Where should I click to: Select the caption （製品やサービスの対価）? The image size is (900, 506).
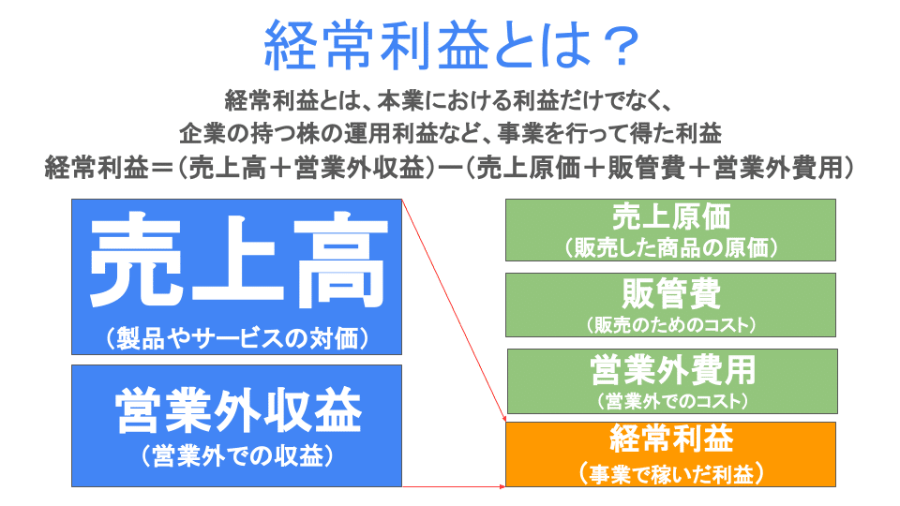[237, 338]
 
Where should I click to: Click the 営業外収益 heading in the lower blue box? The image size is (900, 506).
[238, 410]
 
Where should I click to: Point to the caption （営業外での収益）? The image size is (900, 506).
[237, 456]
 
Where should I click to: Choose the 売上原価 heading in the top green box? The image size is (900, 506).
[670, 216]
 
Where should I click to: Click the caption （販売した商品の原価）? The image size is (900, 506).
[670, 247]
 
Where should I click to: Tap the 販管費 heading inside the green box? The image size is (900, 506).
[670, 293]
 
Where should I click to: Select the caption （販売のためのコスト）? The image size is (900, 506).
[670, 325]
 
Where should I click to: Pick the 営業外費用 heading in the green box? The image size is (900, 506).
[672, 370]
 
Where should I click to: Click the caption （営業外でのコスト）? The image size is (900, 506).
[672, 400]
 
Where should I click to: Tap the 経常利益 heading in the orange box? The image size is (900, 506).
[670, 439]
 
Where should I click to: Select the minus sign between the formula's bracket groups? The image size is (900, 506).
[450, 168]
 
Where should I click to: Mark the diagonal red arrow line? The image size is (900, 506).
[454, 311]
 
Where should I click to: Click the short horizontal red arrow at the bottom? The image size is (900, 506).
[454, 486]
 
